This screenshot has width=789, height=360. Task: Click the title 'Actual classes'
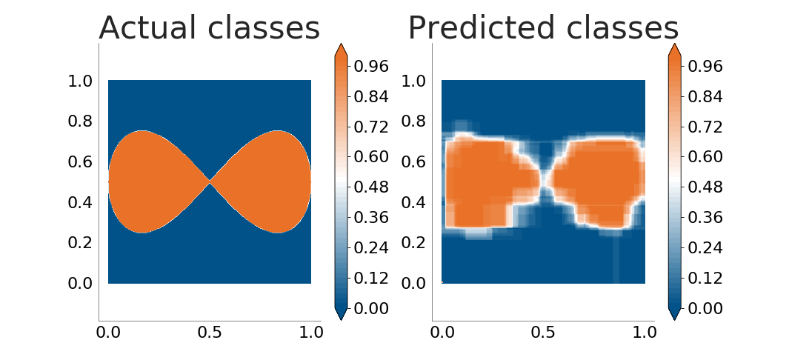pyautogui.click(x=210, y=27)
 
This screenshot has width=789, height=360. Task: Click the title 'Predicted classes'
pyautogui.click(x=544, y=27)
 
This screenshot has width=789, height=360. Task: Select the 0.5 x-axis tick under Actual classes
pyautogui.click(x=210, y=333)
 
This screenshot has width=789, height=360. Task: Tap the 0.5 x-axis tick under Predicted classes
pyautogui.click(x=543, y=333)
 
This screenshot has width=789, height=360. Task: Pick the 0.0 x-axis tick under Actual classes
pyautogui.click(x=107, y=333)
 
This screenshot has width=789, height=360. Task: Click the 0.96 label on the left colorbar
pyautogui.click(x=371, y=67)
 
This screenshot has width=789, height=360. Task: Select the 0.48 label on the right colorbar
pyautogui.click(x=705, y=187)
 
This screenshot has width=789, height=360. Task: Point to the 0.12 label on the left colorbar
pyautogui.click(x=371, y=278)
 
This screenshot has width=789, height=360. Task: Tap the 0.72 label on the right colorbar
pyautogui.click(x=705, y=127)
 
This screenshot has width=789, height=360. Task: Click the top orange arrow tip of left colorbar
pyautogui.click(x=341, y=44)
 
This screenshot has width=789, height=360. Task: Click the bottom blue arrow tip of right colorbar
pyautogui.click(x=675, y=320)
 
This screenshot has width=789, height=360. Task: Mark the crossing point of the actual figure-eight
pyautogui.click(x=210, y=181)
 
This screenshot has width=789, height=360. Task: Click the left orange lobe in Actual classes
pyautogui.click(x=151, y=181)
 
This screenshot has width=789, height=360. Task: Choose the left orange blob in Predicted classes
pyautogui.click(x=488, y=184)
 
